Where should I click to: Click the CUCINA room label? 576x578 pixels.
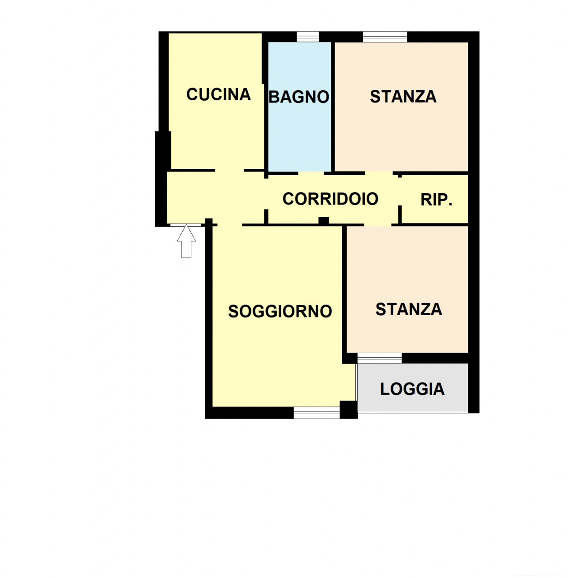(x=218, y=94)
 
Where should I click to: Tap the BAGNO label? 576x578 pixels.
(x=298, y=97)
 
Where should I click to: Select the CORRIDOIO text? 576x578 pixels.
(x=330, y=199)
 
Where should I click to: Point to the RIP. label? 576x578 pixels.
(x=436, y=200)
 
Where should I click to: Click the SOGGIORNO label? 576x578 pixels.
(x=280, y=311)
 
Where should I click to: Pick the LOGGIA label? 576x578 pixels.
(x=412, y=389)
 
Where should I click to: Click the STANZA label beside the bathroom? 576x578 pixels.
(x=403, y=97)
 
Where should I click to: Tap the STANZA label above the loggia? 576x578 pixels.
(x=409, y=309)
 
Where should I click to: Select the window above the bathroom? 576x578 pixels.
(x=308, y=37)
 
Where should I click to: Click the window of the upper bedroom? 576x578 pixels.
(x=385, y=37)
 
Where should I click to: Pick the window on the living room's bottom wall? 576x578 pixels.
(x=316, y=412)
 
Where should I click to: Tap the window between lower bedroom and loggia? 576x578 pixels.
(x=379, y=359)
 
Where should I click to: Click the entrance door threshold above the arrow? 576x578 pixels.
(x=185, y=225)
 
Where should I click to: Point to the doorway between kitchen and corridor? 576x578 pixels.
(x=229, y=170)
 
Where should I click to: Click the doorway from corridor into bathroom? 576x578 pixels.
(x=311, y=173)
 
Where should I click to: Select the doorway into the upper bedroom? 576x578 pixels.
(x=379, y=173)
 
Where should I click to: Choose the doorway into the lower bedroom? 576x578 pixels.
(x=378, y=225)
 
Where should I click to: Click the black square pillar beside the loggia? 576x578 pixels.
(x=349, y=410)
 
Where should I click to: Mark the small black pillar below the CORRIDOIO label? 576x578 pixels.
(x=324, y=220)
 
